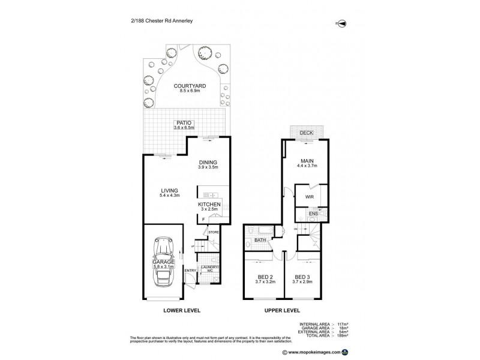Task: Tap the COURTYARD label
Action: click(x=190, y=86)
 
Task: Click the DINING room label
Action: click(x=208, y=163)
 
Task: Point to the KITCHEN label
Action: click(x=209, y=205)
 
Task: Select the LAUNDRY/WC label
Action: click(x=211, y=269)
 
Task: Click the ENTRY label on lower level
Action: click(x=190, y=271)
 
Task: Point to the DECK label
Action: click(x=307, y=133)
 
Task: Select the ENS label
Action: click(x=313, y=214)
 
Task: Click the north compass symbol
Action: click(x=341, y=23)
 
